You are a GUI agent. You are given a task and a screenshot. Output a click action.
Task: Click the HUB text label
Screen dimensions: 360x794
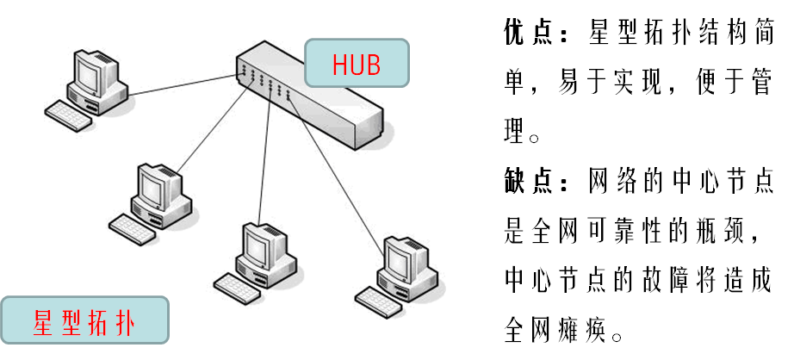pyautogui.click(x=357, y=65)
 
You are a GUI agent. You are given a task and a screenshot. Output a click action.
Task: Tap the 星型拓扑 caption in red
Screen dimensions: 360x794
pyautogui.click(x=83, y=326)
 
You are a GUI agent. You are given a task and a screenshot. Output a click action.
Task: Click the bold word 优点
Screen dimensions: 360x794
pyautogui.click(x=528, y=35)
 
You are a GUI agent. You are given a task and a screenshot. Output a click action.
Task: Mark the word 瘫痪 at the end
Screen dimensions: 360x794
pyautogui.click(x=581, y=330)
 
